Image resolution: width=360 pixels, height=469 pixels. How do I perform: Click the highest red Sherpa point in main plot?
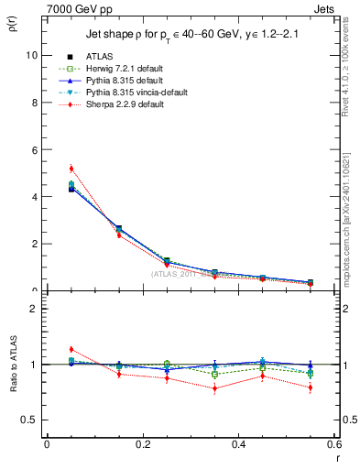[71, 169]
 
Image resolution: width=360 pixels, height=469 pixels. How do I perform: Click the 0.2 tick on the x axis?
[142, 444]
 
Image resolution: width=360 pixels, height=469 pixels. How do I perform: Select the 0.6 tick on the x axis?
[334, 444]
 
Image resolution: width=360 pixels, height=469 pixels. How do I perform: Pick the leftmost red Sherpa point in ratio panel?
[71, 349]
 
